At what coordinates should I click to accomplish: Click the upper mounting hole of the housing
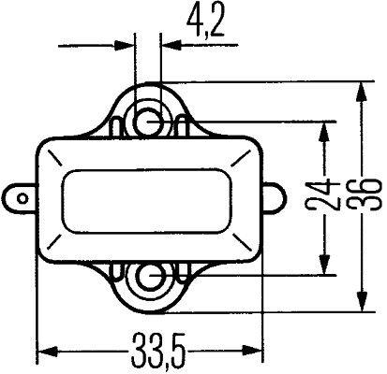point(147,119)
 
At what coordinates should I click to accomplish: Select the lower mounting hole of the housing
point(147,277)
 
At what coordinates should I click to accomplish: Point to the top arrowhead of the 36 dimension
point(361,92)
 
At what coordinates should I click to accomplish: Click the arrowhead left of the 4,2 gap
point(126,42)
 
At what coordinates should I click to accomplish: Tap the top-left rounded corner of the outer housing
point(45,145)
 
